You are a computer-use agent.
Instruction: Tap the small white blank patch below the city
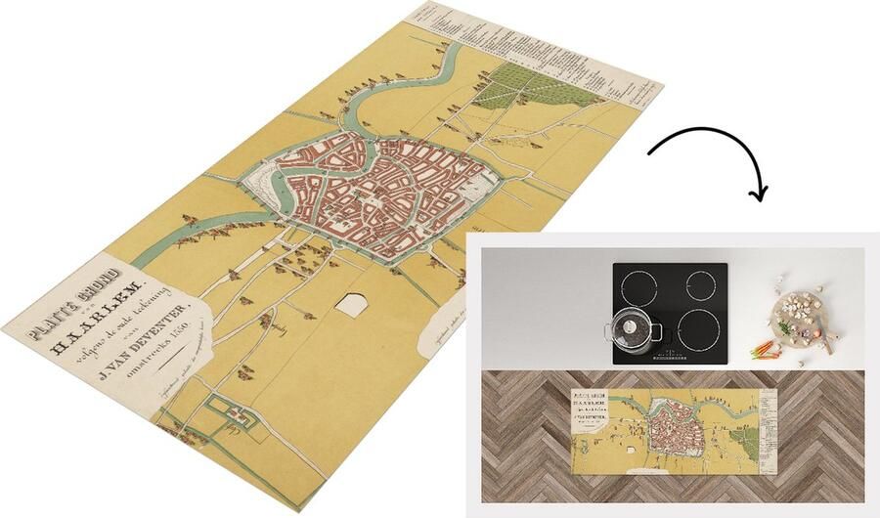351,304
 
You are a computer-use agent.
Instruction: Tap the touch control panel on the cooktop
668,351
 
